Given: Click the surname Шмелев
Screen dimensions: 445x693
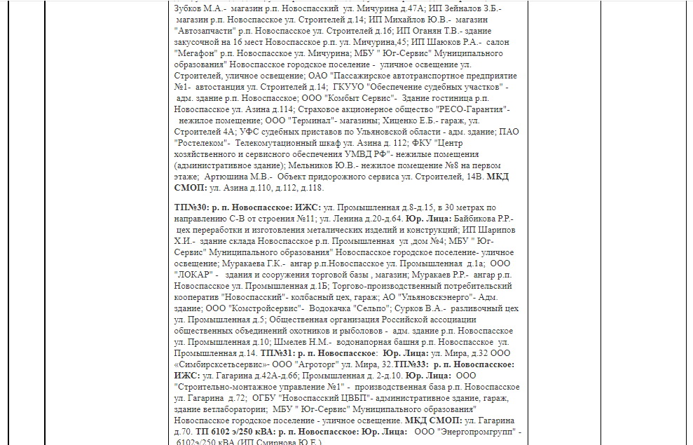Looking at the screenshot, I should click(286, 342).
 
